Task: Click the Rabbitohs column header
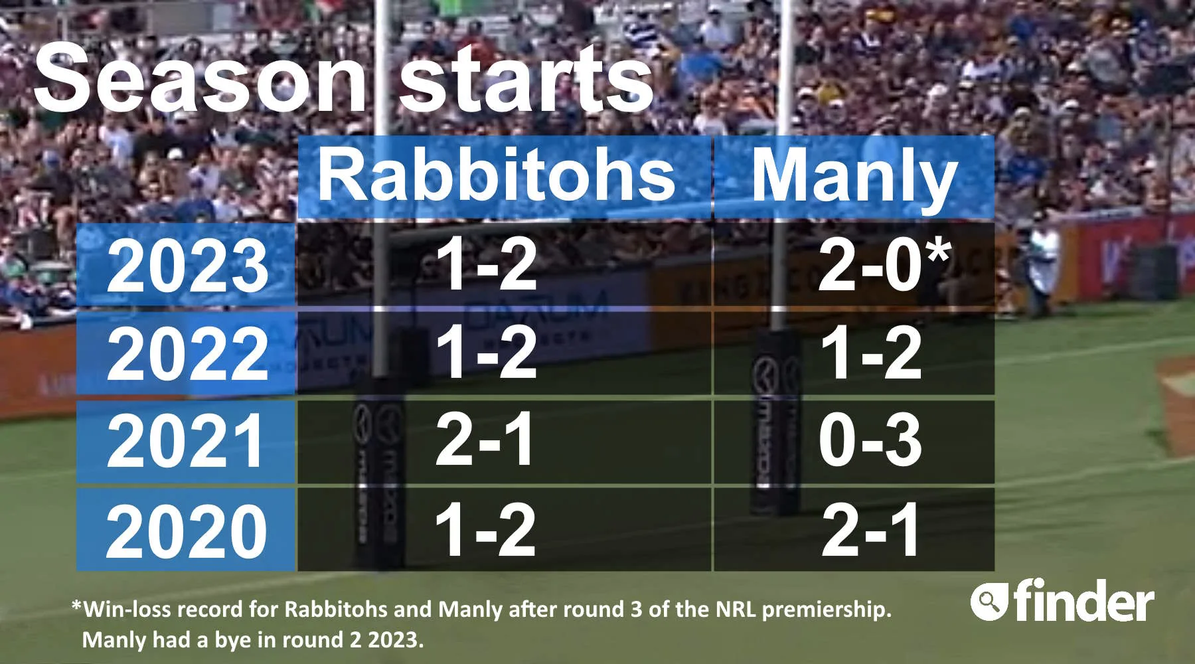coord(497,175)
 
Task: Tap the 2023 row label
coord(187,266)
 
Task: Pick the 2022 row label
coord(187,354)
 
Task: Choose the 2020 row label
coord(187,530)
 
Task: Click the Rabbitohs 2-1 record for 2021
coord(485,440)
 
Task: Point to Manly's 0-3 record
coord(870,440)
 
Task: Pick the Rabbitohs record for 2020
coord(485,529)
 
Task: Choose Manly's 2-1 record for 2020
coord(870,529)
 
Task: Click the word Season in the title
coord(200,78)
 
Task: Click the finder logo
coord(1062,600)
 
